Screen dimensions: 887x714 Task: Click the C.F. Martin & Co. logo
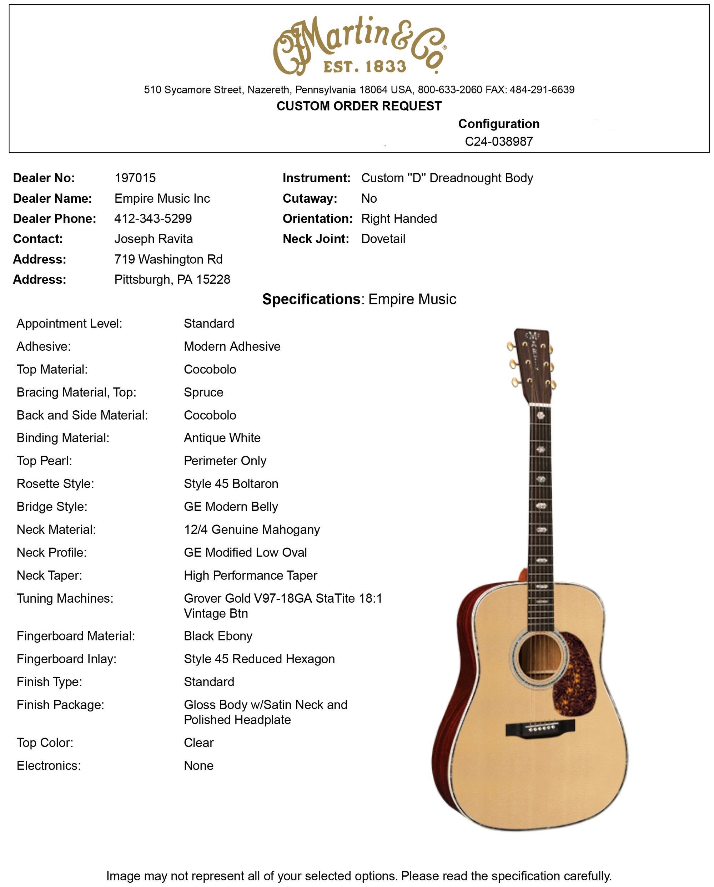[359, 45]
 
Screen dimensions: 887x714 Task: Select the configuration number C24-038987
[499, 142]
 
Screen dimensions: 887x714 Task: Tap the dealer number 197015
[135, 178]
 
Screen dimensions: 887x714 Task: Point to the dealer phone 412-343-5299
[153, 218]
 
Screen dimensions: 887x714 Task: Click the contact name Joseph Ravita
[154, 239]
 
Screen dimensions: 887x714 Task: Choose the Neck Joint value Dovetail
[383, 239]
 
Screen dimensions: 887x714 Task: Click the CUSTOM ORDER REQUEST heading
[359, 106]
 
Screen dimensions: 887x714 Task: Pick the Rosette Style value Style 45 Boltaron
[231, 483]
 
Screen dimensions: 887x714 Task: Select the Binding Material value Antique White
[222, 438]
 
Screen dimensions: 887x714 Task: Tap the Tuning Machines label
[65, 598]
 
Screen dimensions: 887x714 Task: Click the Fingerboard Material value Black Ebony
[218, 636]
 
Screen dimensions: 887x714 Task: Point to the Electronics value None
[199, 766]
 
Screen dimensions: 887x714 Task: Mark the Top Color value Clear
[199, 742]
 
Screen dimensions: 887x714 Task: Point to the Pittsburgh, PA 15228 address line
[172, 279]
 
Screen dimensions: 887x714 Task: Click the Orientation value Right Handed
[399, 218]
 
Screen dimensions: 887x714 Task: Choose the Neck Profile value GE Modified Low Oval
[245, 553]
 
